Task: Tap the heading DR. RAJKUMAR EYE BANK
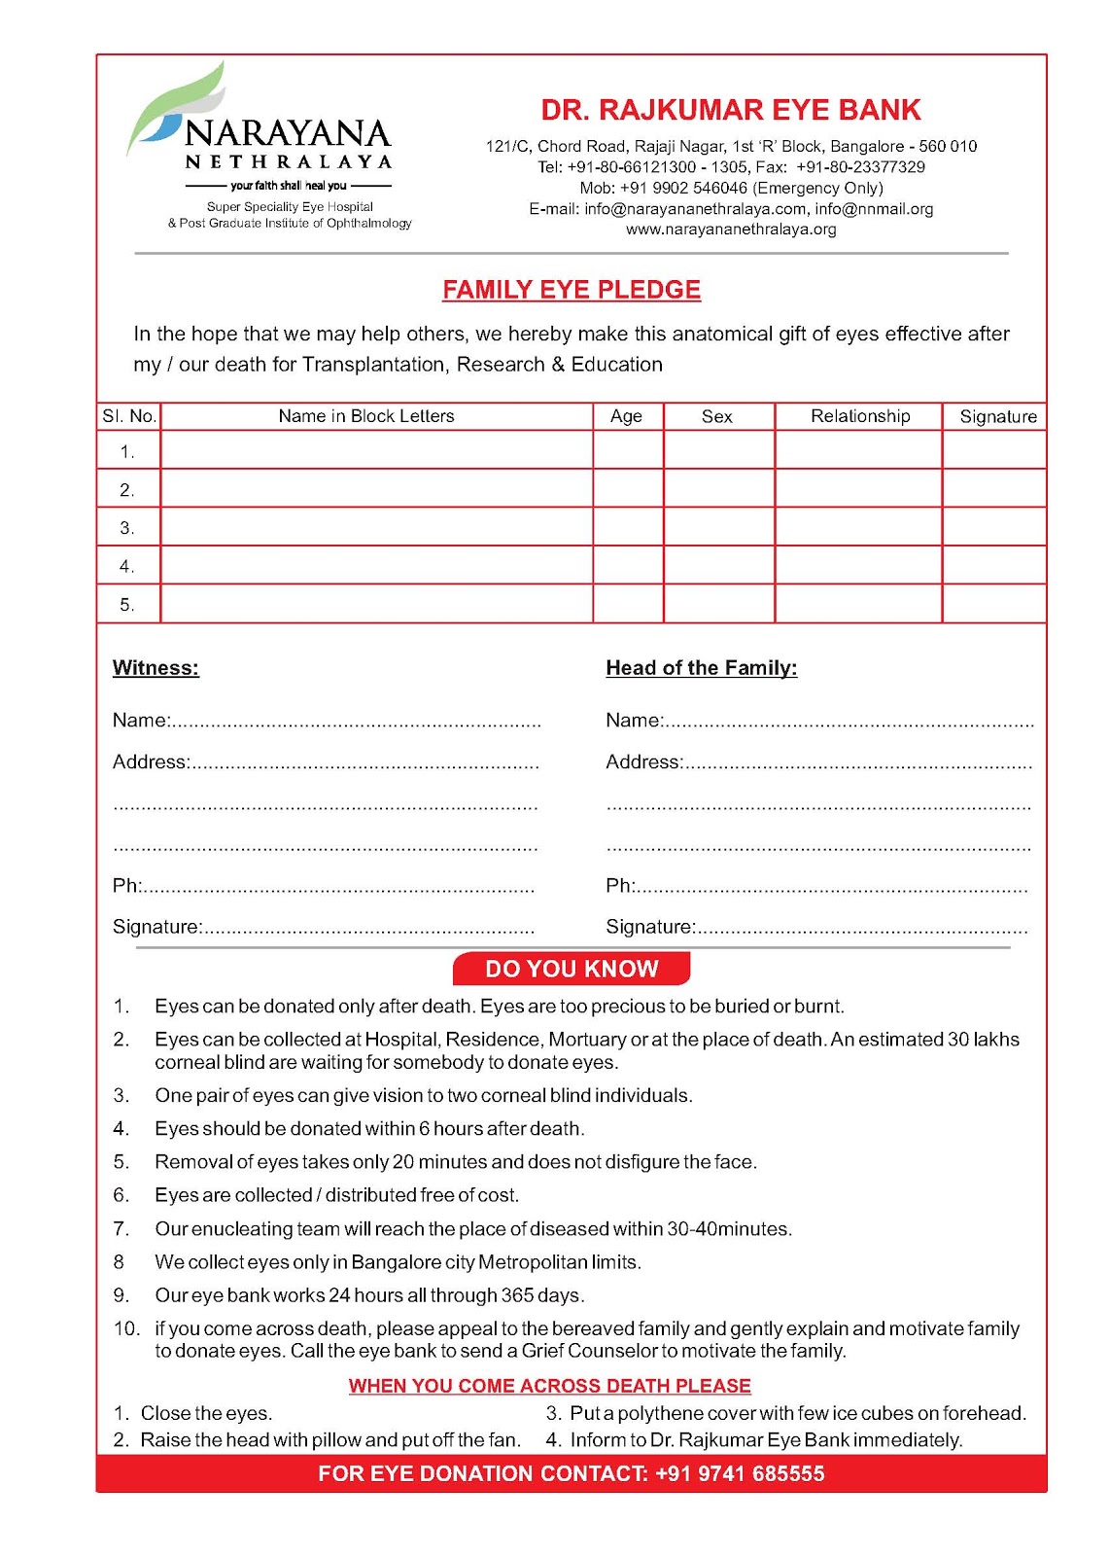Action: [x=731, y=110]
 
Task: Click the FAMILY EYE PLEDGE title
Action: [x=572, y=290]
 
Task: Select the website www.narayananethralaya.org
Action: [x=731, y=230]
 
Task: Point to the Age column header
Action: [x=627, y=416]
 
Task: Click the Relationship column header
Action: [x=860, y=416]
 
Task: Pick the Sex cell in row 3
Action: [x=718, y=527]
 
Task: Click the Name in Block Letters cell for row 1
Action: [x=376, y=450]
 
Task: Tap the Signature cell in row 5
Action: [x=993, y=604]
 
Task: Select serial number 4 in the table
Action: [x=127, y=566]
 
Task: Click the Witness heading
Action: [x=156, y=668]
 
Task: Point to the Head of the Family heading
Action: [x=701, y=668]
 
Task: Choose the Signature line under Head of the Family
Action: [x=860, y=927]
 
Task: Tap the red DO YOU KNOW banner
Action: [x=572, y=969]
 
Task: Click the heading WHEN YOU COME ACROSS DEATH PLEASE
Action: [x=549, y=1386]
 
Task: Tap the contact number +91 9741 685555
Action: [x=740, y=1473]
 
